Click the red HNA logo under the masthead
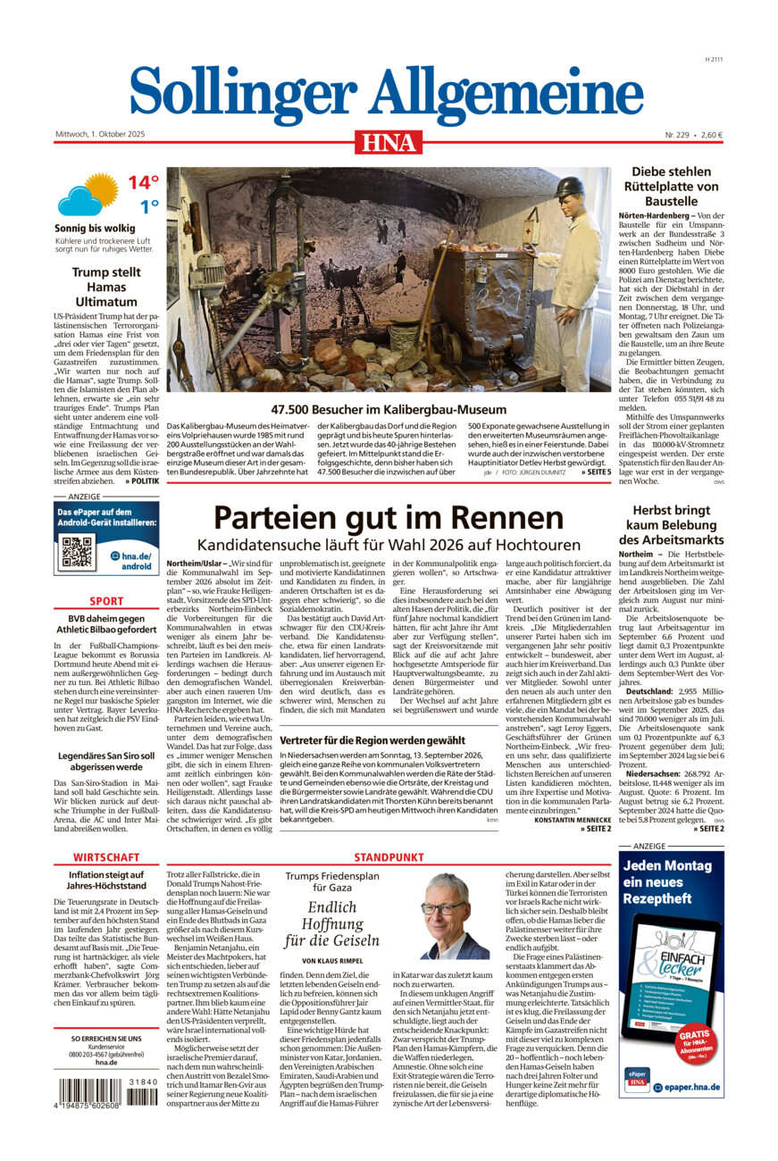coord(389,142)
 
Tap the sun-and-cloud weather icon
coord(88,196)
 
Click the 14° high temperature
coord(142,183)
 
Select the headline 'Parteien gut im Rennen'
coord(389,518)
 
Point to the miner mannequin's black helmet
coord(568,188)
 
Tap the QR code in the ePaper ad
coord(78,553)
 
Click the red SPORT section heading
coord(106,601)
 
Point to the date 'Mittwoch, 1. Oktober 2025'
coord(99,135)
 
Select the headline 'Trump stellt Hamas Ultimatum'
coord(106,288)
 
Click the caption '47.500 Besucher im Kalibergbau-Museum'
coord(389,410)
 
